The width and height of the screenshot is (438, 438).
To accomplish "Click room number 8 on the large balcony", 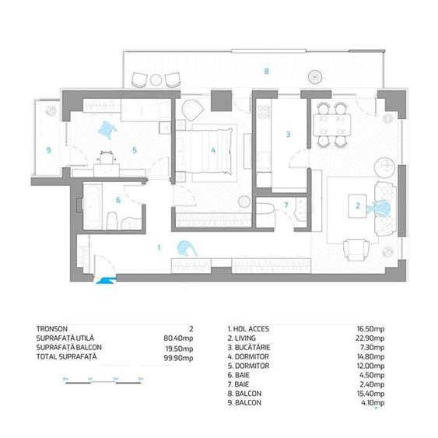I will pos(267,72).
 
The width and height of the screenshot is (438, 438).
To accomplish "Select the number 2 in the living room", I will pos(357,207).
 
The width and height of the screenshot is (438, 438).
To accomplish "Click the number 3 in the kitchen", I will pos(288,134).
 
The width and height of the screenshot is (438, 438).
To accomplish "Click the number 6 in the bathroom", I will pos(118,200).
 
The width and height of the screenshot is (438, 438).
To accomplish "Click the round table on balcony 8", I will pos(316,76).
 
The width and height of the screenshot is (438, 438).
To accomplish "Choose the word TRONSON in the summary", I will pos(53,328).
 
